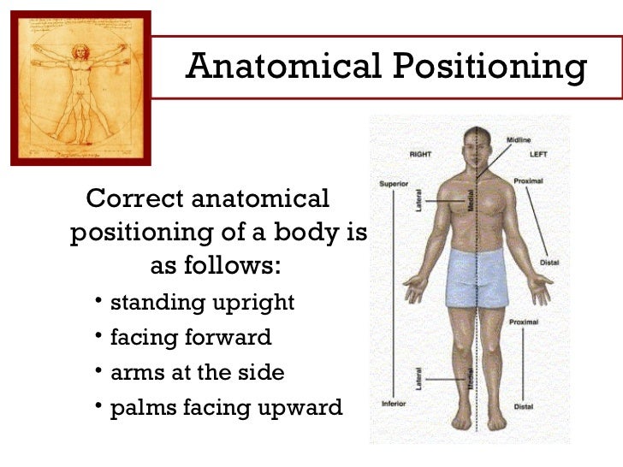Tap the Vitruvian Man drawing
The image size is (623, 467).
coord(80,87)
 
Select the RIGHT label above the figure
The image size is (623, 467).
coord(420,154)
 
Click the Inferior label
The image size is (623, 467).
coord(392,402)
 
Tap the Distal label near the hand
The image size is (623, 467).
coord(549,263)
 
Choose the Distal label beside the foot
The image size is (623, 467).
coord(523,406)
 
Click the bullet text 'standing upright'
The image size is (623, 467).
coord(202,302)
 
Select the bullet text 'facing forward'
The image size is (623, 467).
coord(191,337)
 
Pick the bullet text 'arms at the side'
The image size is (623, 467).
coord(197,372)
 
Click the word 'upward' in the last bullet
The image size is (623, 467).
coord(303,408)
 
